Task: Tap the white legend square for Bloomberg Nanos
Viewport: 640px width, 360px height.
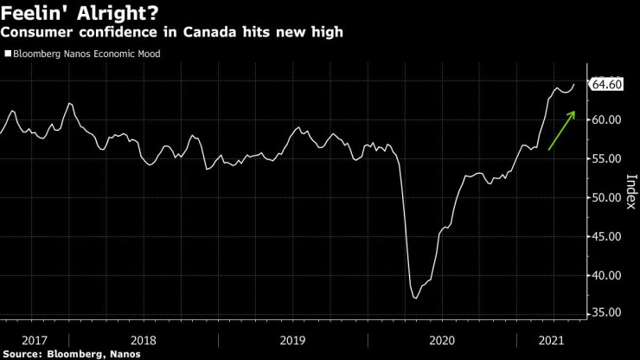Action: click(x=8, y=54)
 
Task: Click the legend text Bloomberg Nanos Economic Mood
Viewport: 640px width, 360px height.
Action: click(x=86, y=54)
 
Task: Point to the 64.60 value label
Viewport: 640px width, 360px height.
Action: click(x=605, y=84)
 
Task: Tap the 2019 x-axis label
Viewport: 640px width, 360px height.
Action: click(x=293, y=340)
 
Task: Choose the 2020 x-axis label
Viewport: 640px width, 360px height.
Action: click(x=442, y=340)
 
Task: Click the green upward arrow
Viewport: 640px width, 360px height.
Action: click(x=562, y=130)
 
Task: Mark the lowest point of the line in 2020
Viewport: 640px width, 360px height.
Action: click(x=416, y=298)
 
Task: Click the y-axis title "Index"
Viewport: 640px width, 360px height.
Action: click(x=630, y=192)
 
